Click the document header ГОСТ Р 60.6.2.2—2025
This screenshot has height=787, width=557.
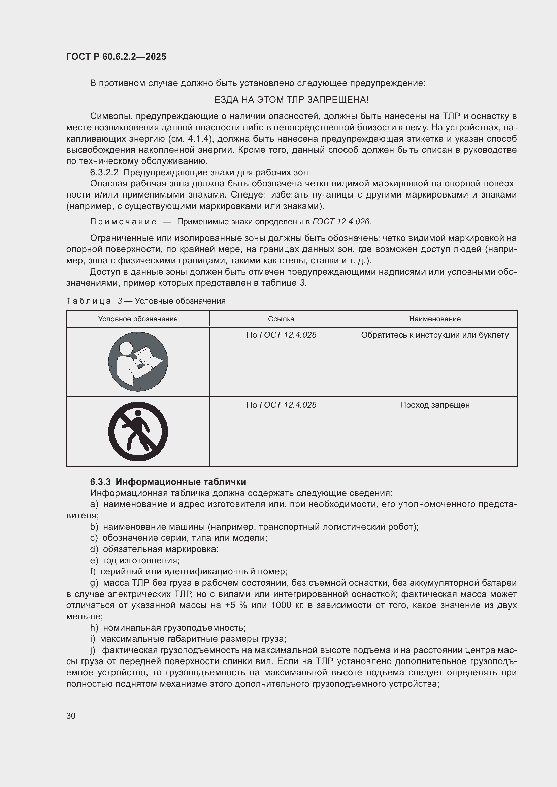[x=116, y=57]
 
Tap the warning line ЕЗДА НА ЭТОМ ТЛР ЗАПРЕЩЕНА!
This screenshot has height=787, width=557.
[x=291, y=100]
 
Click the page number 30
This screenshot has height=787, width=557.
[x=71, y=716]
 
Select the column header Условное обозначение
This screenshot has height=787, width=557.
[x=138, y=319]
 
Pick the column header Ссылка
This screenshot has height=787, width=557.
[x=281, y=319]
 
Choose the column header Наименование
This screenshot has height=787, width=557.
[x=434, y=319]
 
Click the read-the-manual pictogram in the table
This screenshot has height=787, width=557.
[x=138, y=362]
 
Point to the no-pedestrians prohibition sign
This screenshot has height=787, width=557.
[x=138, y=431]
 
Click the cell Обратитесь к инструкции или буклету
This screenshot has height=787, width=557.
[x=434, y=335]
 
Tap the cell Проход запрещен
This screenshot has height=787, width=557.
[x=434, y=405]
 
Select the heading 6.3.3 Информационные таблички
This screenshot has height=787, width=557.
[x=168, y=482]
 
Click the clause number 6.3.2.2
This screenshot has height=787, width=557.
[x=104, y=172]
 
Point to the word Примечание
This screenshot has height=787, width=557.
[x=123, y=222]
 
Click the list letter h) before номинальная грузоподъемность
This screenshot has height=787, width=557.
[x=94, y=628]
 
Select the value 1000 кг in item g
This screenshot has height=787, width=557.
[x=287, y=605]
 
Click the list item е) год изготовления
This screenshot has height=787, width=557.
[x=135, y=560]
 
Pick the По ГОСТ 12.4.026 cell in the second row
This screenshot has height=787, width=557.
[x=281, y=405]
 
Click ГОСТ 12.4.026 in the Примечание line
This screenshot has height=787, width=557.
[x=341, y=222]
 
